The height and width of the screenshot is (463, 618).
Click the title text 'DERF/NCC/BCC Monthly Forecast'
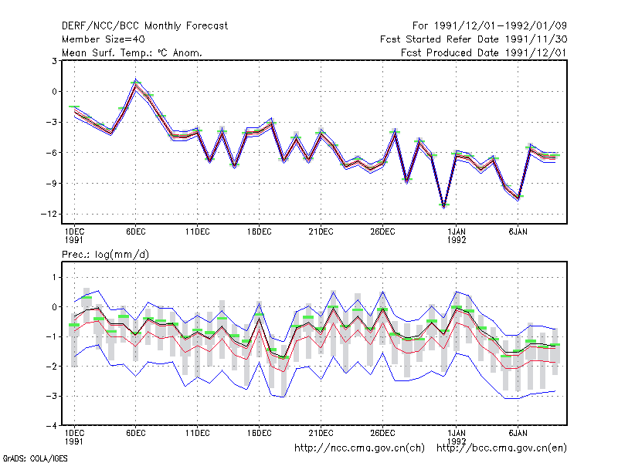pyautogui.click(x=144, y=26)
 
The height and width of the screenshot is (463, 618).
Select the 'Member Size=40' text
pyautogui.click(x=104, y=39)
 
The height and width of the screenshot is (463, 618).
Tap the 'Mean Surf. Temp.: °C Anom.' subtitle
pyautogui.click(x=132, y=52)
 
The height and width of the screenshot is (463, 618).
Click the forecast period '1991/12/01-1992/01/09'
pyautogui.click(x=500, y=26)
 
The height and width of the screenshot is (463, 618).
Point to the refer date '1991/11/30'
pyautogui.click(x=536, y=39)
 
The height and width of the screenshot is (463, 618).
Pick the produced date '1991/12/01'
pyautogui.click(x=535, y=52)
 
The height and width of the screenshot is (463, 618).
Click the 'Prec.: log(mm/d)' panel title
pyautogui.click(x=105, y=255)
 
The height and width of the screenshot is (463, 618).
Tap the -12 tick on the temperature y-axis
pyautogui.click(x=49, y=215)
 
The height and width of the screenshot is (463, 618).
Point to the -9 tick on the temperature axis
pyautogui.click(x=51, y=184)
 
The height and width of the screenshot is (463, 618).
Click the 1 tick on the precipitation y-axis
pyautogui.click(x=54, y=278)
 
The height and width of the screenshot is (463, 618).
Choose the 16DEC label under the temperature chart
pyautogui.click(x=260, y=232)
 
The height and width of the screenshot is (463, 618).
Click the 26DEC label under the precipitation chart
pyautogui.click(x=382, y=433)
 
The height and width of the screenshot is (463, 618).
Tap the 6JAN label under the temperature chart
pyautogui.click(x=518, y=232)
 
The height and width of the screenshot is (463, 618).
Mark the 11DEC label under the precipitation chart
pyautogui.click(x=198, y=433)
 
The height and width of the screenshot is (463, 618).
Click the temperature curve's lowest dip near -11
pyautogui.click(x=444, y=206)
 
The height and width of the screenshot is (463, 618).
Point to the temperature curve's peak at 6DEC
pyautogui.click(x=136, y=83)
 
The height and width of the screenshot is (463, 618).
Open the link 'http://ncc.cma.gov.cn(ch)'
pyautogui.click(x=359, y=448)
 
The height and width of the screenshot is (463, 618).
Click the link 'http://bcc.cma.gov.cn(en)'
pyautogui.click(x=501, y=448)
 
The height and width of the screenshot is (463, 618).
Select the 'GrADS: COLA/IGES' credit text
pyautogui.click(x=35, y=458)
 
